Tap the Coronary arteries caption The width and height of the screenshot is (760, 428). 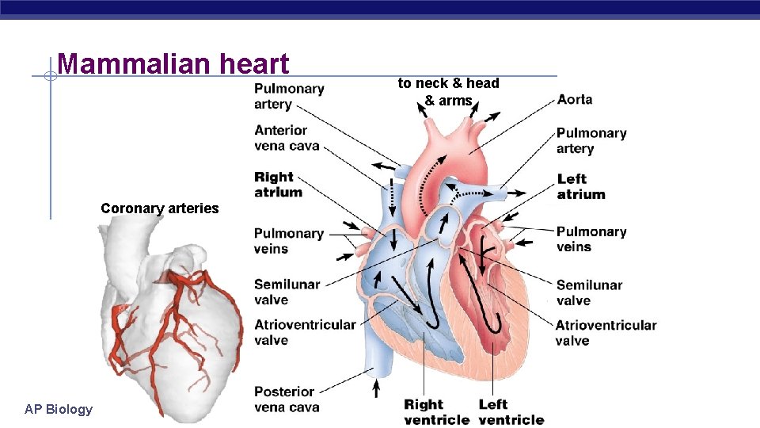click(x=159, y=208)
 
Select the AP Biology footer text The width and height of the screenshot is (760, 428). click(x=59, y=409)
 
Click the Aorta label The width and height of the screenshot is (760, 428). click(x=575, y=99)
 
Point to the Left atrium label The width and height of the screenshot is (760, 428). click(x=581, y=186)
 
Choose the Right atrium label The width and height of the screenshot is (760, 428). click(x=278, y=184)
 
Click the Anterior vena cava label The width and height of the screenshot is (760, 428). click(x=287, y=137)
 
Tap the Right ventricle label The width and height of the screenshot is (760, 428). click(x=436, y=412)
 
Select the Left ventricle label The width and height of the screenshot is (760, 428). click(x=511, y=412)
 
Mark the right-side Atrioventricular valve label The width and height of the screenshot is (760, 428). click(x=606, y=333)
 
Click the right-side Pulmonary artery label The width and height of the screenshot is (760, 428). click(x=591, y=140)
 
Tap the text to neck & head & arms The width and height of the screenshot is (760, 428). click(x=448, y=92)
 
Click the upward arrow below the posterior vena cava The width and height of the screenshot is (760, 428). click(x=376, y=388)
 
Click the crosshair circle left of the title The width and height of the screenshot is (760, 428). click(x=49, y=77)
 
